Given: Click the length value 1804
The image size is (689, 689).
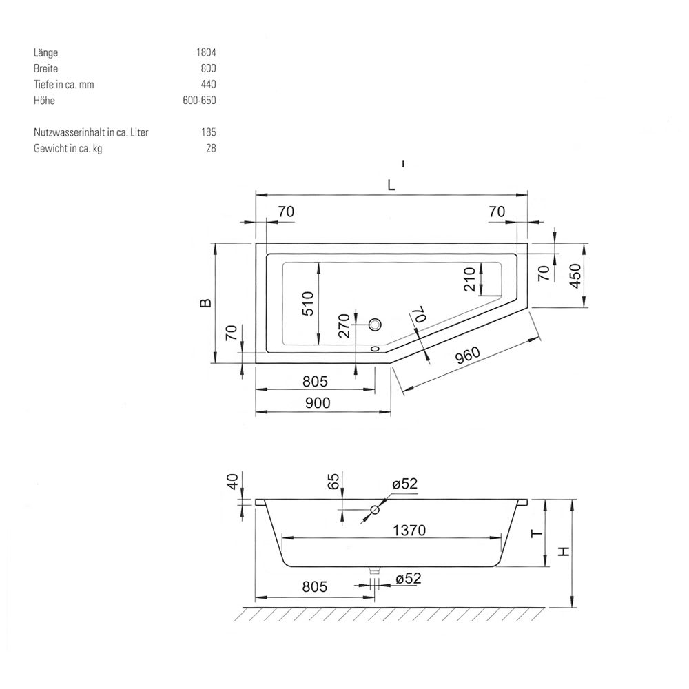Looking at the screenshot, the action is click(x=206, y=53).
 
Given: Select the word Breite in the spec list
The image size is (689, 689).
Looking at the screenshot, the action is click(x=45, y=68).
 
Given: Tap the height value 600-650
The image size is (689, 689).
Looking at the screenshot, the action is click(x=200, y=101).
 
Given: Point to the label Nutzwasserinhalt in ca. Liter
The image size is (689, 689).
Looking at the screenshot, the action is click(x=91, y=132).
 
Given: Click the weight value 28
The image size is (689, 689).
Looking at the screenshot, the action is click(x=211, y=149).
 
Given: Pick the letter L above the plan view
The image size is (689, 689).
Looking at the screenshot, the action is click(x=391, y=185).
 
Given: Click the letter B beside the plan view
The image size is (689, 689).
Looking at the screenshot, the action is click(x=205, y=302).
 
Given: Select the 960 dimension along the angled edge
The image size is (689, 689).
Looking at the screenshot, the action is click(x=467, y=356).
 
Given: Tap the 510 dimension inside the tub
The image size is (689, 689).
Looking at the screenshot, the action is click(x=309, y=303).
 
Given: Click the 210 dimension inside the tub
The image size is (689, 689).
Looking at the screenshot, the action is click(x=469, y=279).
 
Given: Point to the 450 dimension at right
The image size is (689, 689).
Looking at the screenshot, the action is click(x=575, y=276).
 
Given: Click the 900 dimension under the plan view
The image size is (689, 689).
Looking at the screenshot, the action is click(x=317, y=402).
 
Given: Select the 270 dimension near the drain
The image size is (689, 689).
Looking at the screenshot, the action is click(x=344, y=325).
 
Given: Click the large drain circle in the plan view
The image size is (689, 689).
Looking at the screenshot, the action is click(x=375, y=325).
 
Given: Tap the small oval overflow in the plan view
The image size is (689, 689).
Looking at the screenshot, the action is click(x=375, y=349).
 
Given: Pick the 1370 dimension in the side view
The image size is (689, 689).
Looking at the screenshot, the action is click(x=409, y=531).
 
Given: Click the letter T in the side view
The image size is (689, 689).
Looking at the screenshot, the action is click(x=537, y=534).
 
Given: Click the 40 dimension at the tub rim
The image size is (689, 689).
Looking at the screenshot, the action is click(x=233, y=481).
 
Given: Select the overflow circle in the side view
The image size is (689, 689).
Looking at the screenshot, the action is click(x=375, y=510).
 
